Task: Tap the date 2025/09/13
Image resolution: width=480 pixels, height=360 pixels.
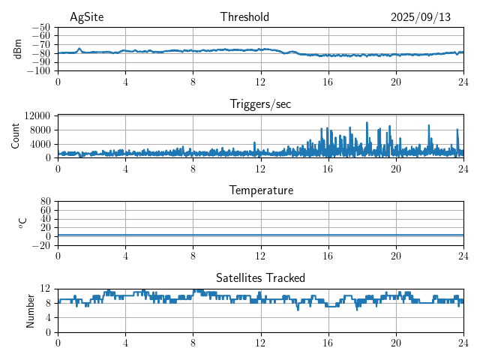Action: click(x=421, y=17)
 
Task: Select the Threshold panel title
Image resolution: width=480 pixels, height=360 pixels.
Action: click(x=244, y=17)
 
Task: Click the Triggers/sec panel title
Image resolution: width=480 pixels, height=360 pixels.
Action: click(x=260, y=104)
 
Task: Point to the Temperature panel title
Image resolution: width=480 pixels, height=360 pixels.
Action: click(x=260, y=190)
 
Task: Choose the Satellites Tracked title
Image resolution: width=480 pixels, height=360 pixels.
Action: click(x=260, y=277)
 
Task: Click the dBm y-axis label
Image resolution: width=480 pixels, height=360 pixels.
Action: click(x=19, y=49)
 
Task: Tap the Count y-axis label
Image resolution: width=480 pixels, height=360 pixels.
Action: click(x=16, y=136)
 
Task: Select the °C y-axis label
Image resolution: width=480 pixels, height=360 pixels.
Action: click(x=22, y=223)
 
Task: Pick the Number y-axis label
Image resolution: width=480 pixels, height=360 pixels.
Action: click(x=30, y=310)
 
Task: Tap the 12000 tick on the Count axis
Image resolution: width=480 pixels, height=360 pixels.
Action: click(x=37, y=115)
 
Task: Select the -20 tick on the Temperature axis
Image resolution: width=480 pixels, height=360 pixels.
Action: click(x=41, y=245)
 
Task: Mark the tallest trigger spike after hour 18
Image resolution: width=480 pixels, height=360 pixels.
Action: click(x=367, y=123)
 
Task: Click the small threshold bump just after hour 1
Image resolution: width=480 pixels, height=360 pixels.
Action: click(x=79, y=49)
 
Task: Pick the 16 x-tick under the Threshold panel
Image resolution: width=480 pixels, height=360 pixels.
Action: click(x=328, y=81)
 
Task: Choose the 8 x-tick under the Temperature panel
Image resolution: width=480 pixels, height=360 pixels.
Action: click(x=193, y=255)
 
